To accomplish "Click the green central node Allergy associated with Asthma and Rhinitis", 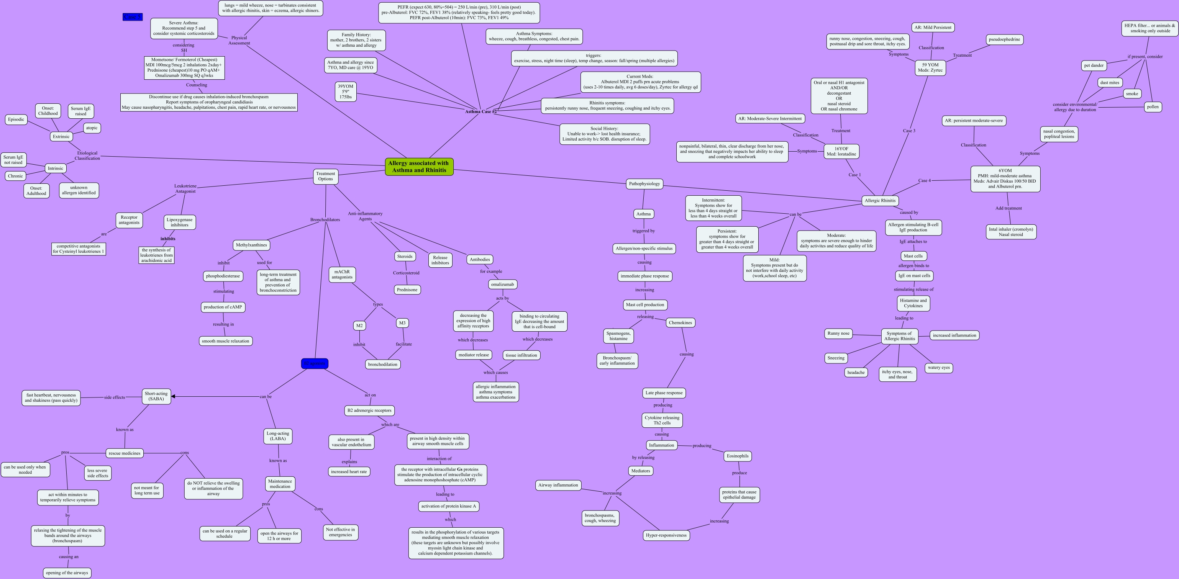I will click(x=419, y=167).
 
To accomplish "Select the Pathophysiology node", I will click(x=644, y=184).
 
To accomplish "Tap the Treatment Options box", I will click(x=325, y=176).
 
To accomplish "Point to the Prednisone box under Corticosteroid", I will click(x=407, y=290).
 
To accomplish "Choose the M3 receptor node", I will click(x=402, y=323).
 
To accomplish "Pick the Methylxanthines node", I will click(x=251, y=245).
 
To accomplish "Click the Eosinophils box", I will click(x=737, y=456).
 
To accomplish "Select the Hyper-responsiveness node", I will click(x=666, y=535).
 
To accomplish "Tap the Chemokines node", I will click(x=680, y=323).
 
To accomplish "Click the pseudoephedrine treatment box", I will click(x=1004, y=39).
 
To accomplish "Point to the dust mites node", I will click(x=1109, y=83).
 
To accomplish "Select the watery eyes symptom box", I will click(x=938, y=368).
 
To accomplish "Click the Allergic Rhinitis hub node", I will click(x=880, y=201).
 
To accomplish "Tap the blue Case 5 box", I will click(x=132, y=17).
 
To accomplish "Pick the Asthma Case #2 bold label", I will click(x=480, y=111).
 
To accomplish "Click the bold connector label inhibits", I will click(x=167, y=239).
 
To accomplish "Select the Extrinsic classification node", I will click(x=61, y=136).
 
